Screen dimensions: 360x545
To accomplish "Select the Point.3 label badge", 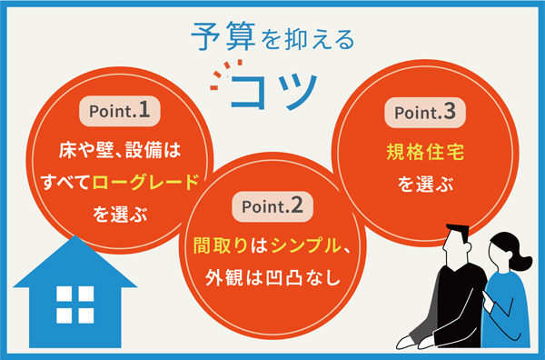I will [x=421, y=113].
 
